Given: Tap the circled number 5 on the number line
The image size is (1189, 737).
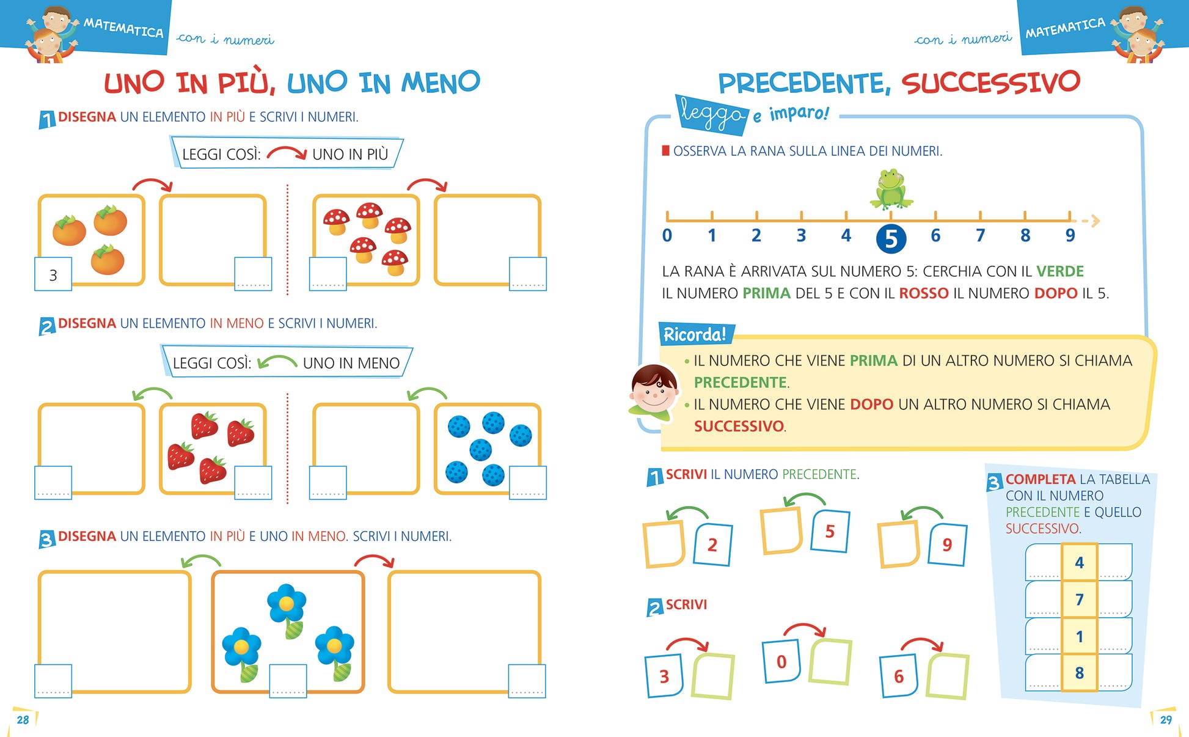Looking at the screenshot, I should [x=891, y=238].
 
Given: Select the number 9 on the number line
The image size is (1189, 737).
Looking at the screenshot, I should [x=1070, y=235].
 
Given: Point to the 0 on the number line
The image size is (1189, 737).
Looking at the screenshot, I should [x=667, y=235].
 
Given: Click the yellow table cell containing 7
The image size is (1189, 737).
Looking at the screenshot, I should [x=1079, y=599].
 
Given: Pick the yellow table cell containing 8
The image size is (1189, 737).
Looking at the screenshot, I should [x=1079, y=673].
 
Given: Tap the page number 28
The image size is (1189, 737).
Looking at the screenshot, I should [x=23, y=719].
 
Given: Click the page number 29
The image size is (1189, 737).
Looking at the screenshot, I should [x=1166, y=719].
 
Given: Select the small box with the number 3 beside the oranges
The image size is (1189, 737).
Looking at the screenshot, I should [x=53, y=274].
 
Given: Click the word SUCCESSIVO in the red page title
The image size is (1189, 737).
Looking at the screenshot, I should [x=990, y=82].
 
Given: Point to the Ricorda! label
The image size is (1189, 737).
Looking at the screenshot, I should [x=695, y=334].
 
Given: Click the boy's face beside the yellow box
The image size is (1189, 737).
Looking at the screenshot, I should [x=654, y=391].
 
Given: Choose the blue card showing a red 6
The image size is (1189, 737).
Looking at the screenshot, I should [x=899, y=676].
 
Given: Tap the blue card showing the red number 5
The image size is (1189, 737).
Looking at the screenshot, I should [x=830, y=531].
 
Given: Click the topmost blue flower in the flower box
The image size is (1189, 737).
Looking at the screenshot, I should [x=286, y=605].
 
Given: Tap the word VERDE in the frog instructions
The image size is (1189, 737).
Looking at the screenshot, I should [x=1059, y=271].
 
